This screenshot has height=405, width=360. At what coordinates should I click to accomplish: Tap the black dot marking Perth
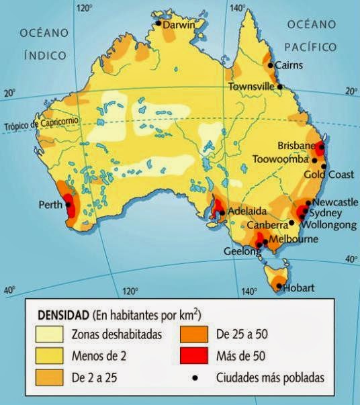click(68, 204)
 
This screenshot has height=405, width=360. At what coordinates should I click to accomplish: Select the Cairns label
click(289, 65)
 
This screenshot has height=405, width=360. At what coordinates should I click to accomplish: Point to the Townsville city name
click(252, 87)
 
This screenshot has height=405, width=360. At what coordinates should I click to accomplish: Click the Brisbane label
click(296, 146)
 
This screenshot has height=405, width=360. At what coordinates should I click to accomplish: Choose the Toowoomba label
click(280, 160)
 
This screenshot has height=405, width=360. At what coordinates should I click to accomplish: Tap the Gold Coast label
click(328, 175)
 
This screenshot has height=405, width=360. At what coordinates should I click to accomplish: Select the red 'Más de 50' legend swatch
click(198, 355)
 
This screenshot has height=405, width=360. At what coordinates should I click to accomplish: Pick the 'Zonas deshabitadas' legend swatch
click(47, 334)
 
